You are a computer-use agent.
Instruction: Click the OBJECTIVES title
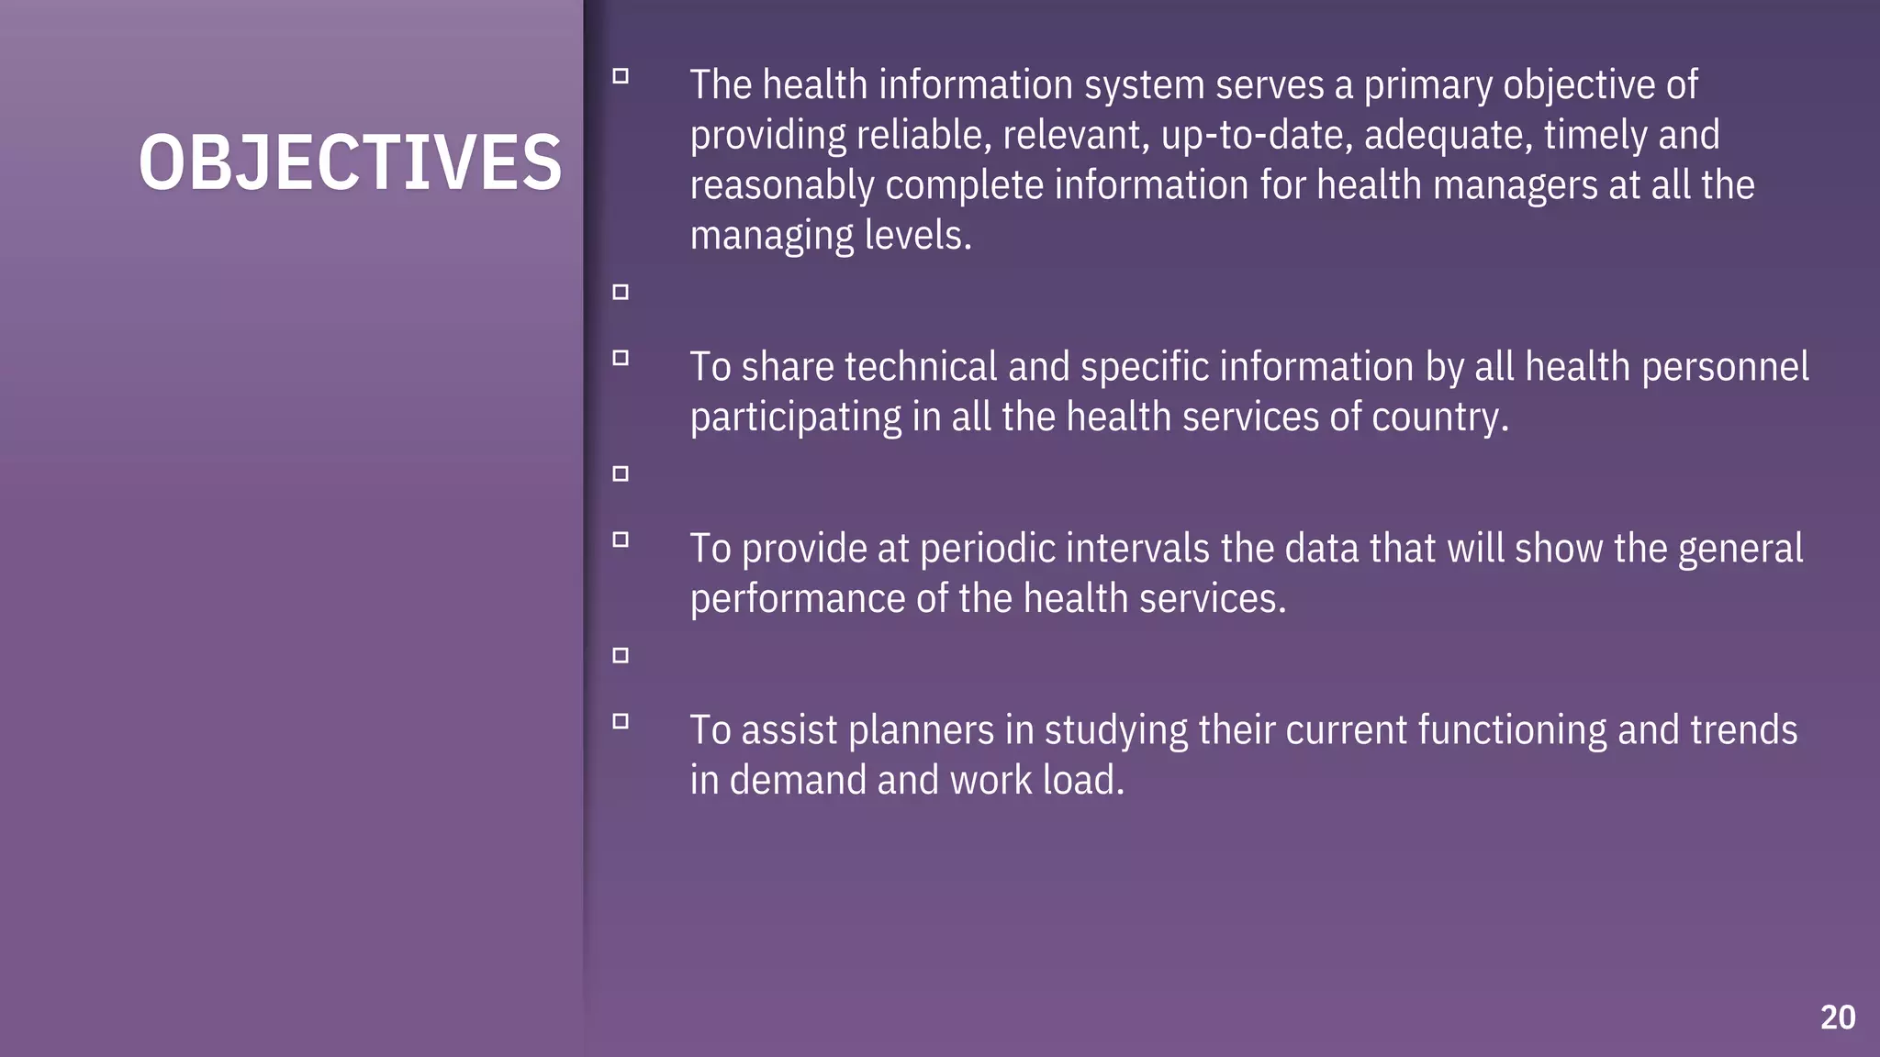[x=350, y=162]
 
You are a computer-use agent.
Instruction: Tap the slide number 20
[x=1838, y=1018]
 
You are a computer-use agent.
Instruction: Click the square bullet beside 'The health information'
[x=621, y=76]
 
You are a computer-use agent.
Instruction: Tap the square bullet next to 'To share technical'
[x=621, y=358]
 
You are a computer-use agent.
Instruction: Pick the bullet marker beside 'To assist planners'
[x=621, y=721]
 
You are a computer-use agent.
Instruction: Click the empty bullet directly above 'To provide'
[x=621, y=473]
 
